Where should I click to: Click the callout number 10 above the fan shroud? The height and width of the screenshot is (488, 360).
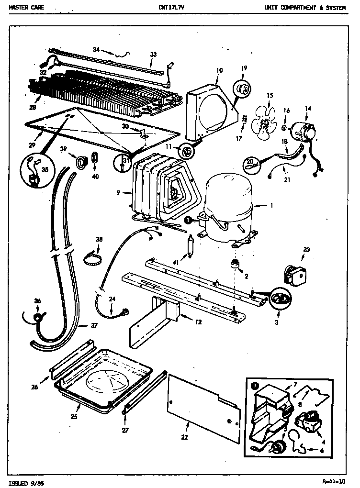click(x=219, y=70)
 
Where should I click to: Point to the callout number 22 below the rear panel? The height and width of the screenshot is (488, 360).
click(x=184, y=437)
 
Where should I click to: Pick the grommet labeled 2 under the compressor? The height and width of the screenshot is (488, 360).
click(x=235, y=264)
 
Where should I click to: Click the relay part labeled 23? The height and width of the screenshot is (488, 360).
click(x=293, y=273)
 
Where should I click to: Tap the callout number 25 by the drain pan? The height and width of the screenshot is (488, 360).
click(x=74, y=417)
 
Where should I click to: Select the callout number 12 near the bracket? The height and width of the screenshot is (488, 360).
click(x=198, y=322)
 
